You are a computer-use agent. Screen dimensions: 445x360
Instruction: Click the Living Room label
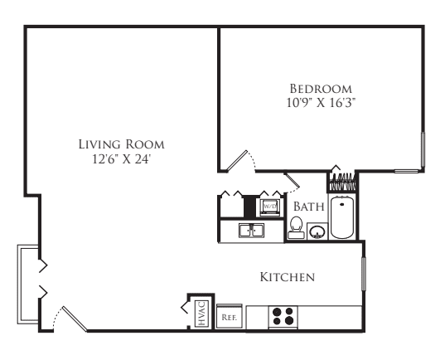[122, 144]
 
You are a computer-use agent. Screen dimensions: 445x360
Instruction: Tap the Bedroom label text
[321, 89]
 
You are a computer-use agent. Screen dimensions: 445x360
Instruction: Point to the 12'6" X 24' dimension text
[122, 159]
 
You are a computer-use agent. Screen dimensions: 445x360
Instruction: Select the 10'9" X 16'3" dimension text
[321, 103]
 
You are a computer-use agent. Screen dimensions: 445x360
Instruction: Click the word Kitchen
[288, 277]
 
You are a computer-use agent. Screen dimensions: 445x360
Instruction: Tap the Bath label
[309, 207]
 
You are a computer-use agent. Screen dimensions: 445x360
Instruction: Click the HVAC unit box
[201, 313]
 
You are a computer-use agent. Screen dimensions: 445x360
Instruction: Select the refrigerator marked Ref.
[230, 316]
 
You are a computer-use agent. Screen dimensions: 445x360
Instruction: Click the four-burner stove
[283, 317]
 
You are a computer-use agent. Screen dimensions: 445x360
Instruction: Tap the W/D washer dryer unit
[269, 207]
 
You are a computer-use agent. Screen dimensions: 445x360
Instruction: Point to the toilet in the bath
[297, 227]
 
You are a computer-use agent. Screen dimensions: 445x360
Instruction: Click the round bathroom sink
[317, 231]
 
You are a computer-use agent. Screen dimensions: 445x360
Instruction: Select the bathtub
[342, 217]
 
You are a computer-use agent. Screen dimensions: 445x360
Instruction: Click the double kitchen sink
[251, 230]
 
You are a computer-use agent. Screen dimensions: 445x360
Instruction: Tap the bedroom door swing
[241, 162]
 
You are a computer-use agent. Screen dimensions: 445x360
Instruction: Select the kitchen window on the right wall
[364, 274]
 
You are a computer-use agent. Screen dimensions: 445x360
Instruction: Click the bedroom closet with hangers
[342, 182]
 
